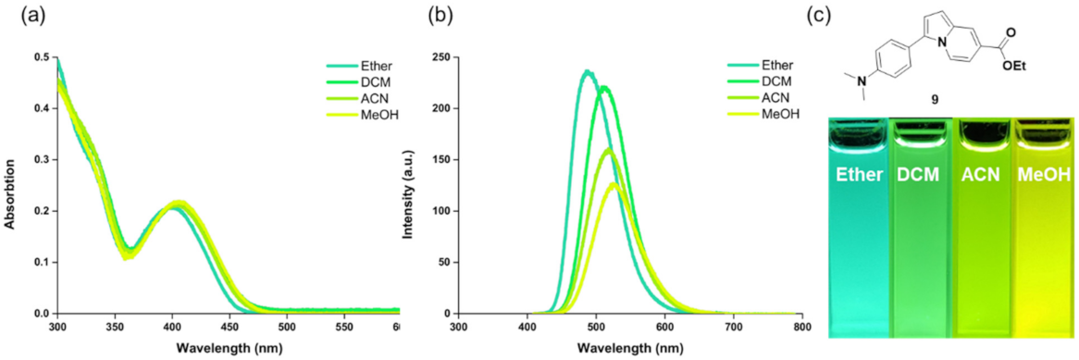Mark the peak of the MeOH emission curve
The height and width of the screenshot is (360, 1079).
(x=614, y=183)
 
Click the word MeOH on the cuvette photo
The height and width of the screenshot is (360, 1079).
(x=1046, y=175)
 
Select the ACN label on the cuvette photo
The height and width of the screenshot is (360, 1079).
(x=984, y=175)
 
